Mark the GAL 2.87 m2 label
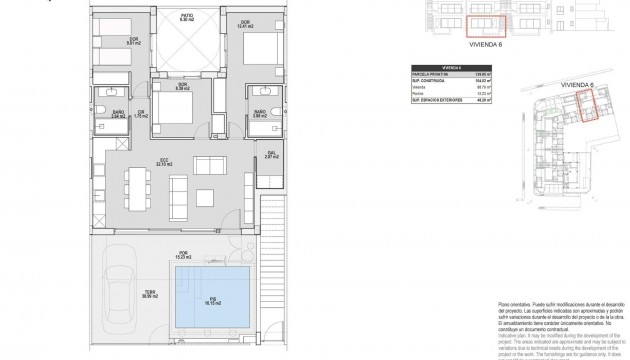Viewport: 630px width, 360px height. click(271, 155)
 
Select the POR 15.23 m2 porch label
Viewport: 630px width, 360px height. click(183, 255)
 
